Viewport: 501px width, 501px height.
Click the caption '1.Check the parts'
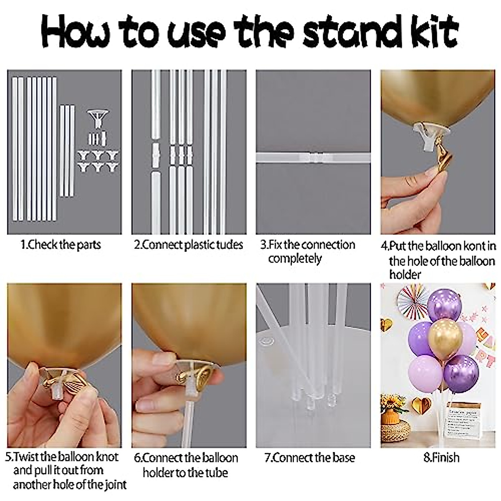point(61,245)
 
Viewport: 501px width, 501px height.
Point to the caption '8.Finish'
point(441,458)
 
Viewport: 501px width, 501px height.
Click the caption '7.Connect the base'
point(310,458)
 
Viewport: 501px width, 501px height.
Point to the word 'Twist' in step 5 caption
point(29,457)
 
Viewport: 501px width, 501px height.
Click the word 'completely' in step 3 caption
point(295,259)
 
